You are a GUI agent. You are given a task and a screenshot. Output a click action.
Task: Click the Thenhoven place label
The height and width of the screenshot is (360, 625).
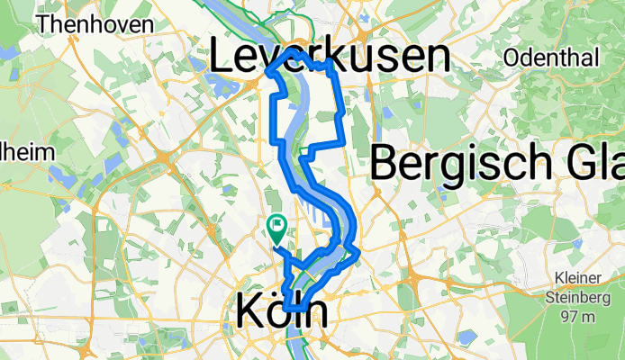(95, 24)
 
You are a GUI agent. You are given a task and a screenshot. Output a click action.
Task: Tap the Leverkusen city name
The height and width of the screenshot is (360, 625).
(330, 57)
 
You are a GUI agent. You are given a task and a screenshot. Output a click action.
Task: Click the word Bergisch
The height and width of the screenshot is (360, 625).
(460, 165)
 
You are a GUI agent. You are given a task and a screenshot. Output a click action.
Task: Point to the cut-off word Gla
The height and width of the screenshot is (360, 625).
(593, 165)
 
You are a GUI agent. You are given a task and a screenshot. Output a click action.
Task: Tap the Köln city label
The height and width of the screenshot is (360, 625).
(283, 313)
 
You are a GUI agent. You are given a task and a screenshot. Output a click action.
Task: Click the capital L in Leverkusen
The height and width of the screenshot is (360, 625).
(222, 58)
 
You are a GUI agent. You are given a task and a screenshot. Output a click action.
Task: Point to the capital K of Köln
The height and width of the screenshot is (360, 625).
(249, 313)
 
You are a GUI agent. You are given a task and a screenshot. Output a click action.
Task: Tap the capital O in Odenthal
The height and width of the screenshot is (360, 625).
(514, 58)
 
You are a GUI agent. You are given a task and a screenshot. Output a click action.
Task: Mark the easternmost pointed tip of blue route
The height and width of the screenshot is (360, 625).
(359, 252)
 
